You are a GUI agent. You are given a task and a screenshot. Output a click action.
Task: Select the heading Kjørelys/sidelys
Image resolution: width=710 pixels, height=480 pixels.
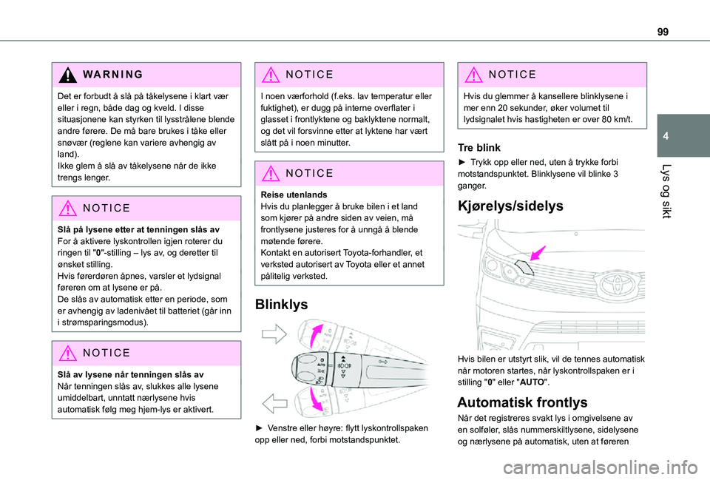tap(510, 206)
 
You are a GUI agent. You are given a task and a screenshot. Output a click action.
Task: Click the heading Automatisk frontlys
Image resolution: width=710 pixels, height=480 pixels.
tap(522, 402)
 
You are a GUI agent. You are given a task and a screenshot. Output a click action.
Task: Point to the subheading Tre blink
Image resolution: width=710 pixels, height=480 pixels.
tap(480, 147)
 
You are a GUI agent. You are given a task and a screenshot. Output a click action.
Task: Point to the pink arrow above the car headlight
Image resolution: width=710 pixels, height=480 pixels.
tap(535, 252)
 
